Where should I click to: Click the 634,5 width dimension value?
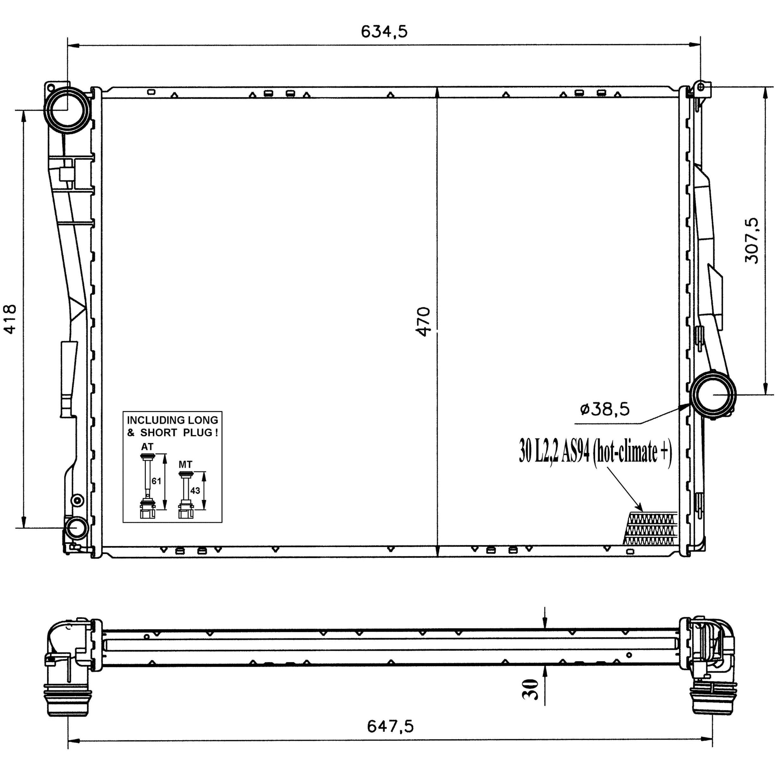[x=384, y=31]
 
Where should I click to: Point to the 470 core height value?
[x=424, y=321]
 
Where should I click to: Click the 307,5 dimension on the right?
[x=752, y=240]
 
